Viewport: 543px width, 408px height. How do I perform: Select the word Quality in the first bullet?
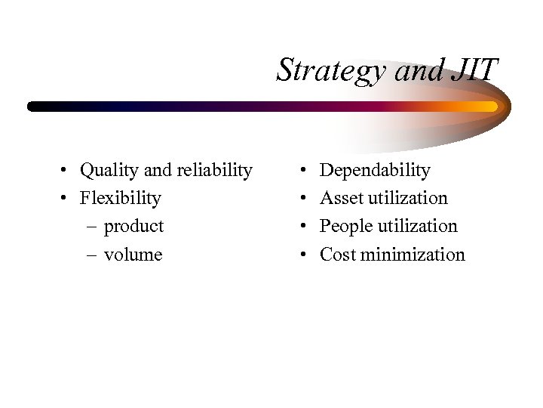coord(106,171)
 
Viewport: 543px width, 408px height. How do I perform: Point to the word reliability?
coord(215,171)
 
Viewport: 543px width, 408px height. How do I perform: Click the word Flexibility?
coord(121,199)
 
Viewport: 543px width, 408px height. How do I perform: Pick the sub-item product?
coord(133,227)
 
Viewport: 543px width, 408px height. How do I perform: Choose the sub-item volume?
coord(133,255)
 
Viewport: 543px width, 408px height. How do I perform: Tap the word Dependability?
coord(375,171)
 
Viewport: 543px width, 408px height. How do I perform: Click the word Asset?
coord(341,199)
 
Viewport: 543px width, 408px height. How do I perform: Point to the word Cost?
coord(337,255)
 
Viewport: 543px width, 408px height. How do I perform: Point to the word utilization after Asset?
coord(406,199)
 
